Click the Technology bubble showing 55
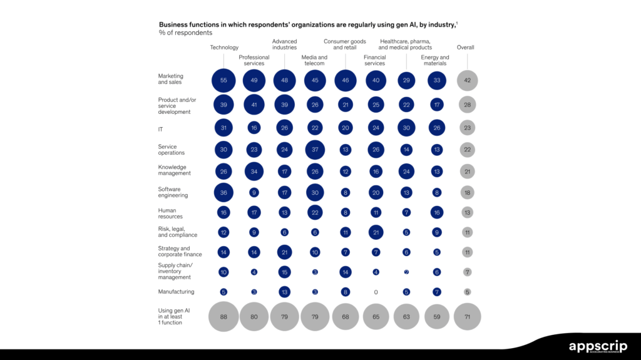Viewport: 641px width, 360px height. point(223,81)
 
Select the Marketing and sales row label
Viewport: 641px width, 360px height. point(171,79)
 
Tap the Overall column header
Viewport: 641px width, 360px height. point(466,48)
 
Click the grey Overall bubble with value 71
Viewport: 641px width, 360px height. point(467,317)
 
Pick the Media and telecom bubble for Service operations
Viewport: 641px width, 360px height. point(315,150)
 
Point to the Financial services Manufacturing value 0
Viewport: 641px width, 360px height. point(376,292)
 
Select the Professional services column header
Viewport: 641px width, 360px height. point(254,60)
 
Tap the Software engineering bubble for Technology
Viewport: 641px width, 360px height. point(223,193)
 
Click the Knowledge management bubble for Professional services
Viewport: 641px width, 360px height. point(254,172)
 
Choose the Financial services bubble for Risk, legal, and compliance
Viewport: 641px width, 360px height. point(376,233)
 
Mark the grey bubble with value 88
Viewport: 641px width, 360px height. point(223,317)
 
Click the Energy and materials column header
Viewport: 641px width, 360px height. point(434,60)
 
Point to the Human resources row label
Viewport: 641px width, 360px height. point(168,213)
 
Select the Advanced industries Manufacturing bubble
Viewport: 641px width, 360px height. point(284,292)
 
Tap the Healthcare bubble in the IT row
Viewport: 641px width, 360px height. point(406,128)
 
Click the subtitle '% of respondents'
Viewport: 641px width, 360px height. point(186,33)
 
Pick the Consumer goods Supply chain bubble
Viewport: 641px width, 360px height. point(345,272)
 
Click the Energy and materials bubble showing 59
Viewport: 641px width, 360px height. point(436,317)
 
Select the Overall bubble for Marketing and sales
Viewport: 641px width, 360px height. point(467,81)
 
